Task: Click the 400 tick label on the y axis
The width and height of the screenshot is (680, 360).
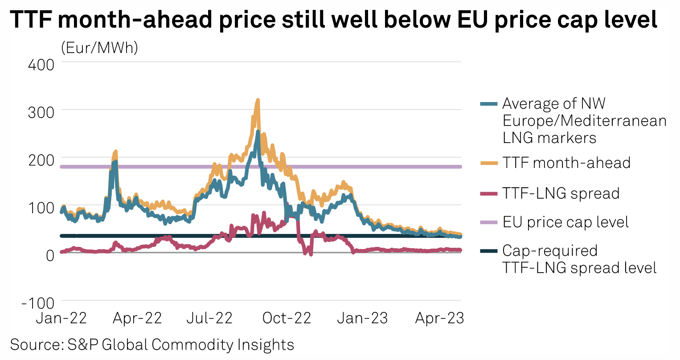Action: tap(41, 65)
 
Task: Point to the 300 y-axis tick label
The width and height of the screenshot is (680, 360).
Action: tap(41, 112)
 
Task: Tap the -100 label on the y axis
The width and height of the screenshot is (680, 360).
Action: tap(38, 303)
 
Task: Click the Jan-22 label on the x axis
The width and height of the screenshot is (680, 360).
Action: tap(61, 318)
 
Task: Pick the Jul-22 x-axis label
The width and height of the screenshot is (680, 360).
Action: tap(209, 318)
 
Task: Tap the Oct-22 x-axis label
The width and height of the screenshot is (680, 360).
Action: tap(287, 318)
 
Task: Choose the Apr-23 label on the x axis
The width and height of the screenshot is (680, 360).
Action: tap(439, 318)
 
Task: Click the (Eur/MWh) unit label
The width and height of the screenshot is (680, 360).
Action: tap(99, 47)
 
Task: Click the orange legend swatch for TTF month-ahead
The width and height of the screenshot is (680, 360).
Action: tap(489, 163)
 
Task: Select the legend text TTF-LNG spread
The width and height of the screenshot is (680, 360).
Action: tap(561, 193)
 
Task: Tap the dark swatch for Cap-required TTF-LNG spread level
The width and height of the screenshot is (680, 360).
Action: tap(489, 251)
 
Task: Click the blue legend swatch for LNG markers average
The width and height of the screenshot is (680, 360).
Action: tap(489, 104)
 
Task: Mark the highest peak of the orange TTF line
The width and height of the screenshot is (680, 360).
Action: tap(258, 100)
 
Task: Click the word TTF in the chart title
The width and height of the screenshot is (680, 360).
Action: tap(30, 20)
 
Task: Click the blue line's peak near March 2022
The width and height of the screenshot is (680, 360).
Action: tap(115, 162)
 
